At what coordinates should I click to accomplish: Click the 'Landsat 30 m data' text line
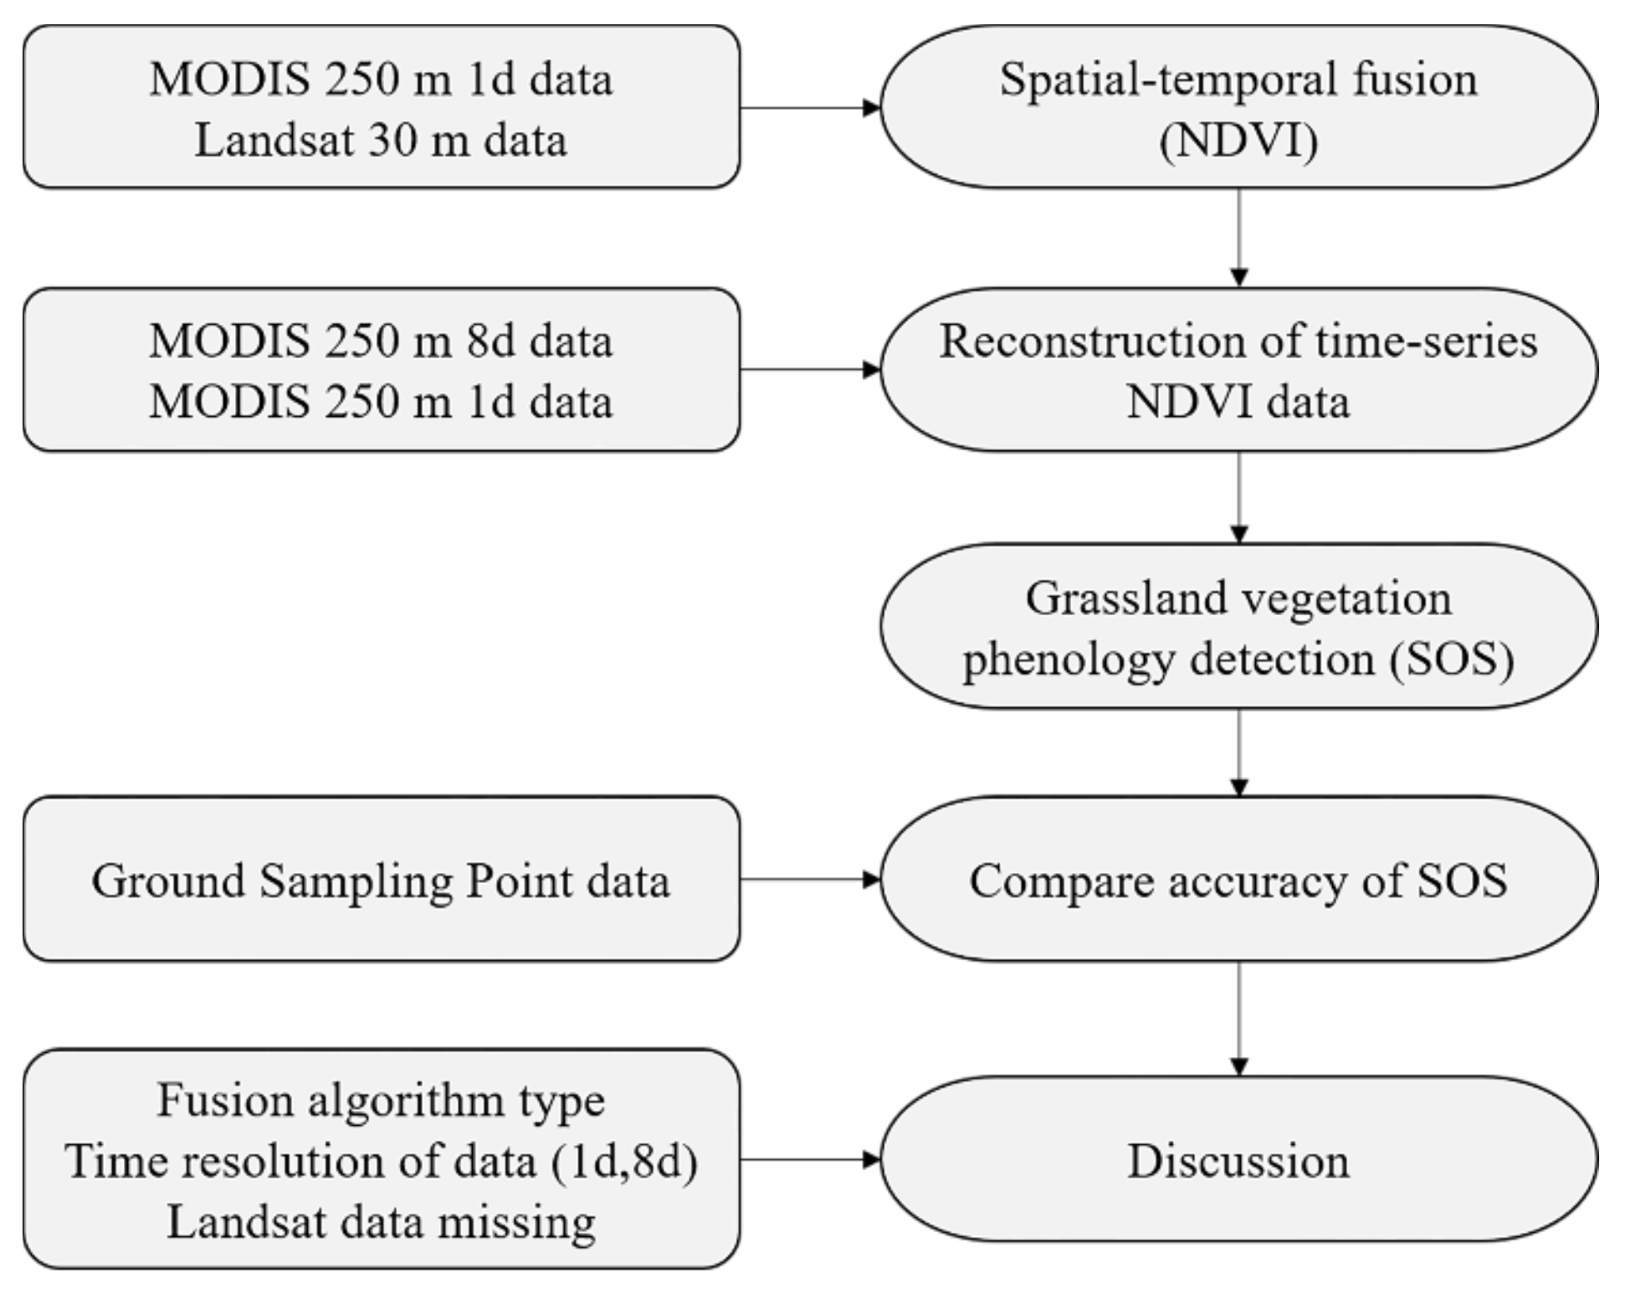tap(381, 140)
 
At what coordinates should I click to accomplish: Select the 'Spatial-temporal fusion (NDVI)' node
tap(1238, 107)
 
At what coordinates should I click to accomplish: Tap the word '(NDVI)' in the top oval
tap(1238, 140)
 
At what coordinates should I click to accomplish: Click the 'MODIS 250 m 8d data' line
tap(381, 341)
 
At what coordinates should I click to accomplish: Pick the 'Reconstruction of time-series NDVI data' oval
tap(1238, 370)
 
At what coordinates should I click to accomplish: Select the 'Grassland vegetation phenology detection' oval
tap(1238, 626)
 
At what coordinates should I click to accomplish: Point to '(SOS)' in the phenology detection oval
tap(1451, 659)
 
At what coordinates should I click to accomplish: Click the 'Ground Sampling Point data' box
tap(381, 879)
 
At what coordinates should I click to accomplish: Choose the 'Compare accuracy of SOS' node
tap(1238, 879)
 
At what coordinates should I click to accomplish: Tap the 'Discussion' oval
tap(1238, 1160)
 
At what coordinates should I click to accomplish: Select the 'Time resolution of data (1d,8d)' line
tap(381, 1161)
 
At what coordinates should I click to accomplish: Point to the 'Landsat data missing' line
tap(381, 1222)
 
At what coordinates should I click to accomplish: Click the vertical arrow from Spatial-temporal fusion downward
tap(1239, 238)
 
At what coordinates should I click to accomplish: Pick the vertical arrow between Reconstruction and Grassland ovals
tap(1239, 497)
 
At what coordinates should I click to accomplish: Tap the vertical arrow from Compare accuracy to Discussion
tap(1239, 1018)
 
